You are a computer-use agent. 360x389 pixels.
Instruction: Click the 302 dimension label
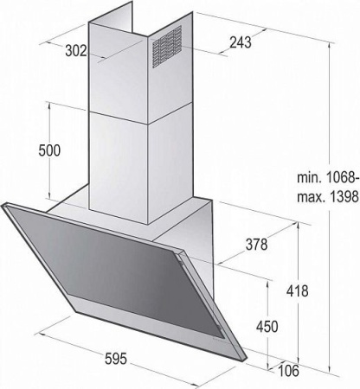coord(76,51)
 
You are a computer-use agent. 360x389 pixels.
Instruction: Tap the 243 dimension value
coord(241,42)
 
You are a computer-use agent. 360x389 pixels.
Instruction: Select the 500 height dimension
coord(49,150)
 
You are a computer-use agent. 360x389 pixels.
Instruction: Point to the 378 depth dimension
coord(256,245)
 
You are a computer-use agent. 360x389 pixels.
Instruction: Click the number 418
coord(298,291)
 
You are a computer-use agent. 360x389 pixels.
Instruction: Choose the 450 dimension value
coord(267,327)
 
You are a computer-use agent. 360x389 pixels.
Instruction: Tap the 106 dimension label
coord(288,370)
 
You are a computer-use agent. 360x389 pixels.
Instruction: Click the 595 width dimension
coord(116,359)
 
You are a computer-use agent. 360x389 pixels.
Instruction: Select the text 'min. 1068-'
coord(328,177)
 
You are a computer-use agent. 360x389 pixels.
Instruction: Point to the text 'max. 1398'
coord(328,197)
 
